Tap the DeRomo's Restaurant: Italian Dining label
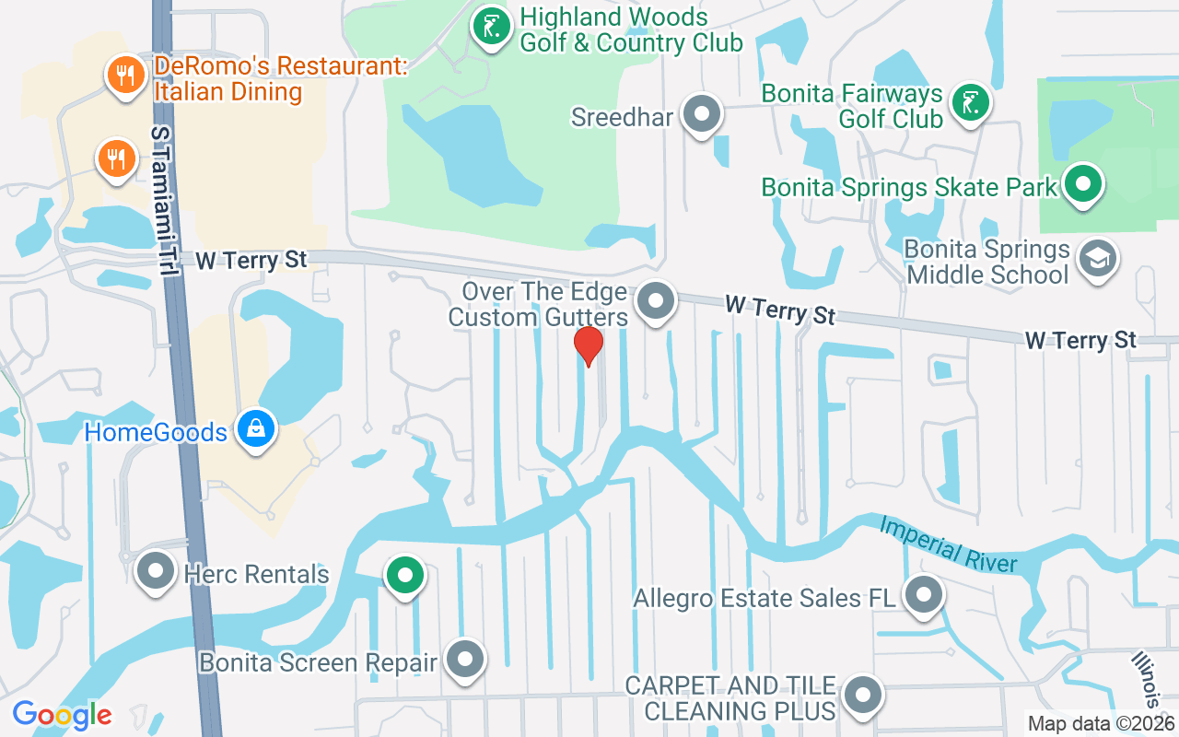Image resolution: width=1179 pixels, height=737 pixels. tap(228, 79)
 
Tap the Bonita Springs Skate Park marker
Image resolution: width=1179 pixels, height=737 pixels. tap(1084, 183)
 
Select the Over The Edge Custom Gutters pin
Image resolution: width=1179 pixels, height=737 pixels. tap(656, 300)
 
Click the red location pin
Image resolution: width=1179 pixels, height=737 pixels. tap(588, 346)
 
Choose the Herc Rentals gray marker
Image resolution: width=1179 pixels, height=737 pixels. tap(156, 571)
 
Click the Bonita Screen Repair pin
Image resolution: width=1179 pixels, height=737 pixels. tap(465, 659)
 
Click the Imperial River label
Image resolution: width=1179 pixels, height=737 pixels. tap(948, 544)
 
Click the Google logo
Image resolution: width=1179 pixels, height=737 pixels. tap(62, 714)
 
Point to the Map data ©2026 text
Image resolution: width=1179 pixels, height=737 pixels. tap(1101, 723)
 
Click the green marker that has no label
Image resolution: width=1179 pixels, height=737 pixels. tap(403, 576)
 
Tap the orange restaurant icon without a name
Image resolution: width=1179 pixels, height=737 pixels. tap(115, 160)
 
